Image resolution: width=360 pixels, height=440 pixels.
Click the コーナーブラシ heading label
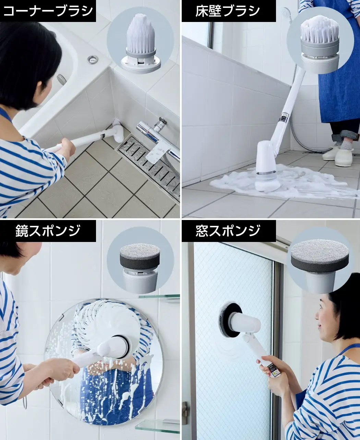[x=48, y=11]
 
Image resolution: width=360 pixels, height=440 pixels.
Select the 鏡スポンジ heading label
[x=48, y=231]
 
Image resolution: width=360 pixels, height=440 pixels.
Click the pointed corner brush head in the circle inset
[x=141, y=43]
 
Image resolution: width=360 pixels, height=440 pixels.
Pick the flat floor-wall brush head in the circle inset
[x=320, y=44]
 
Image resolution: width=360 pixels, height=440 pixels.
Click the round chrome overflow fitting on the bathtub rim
[x=92, y=59]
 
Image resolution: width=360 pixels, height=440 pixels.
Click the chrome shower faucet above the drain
[x=158, y=136]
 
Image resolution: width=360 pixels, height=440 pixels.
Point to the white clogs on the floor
[x=338, y=155]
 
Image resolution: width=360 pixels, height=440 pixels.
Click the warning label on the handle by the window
[x=274, y=370]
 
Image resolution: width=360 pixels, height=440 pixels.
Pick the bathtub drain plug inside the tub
[x=61, y=80]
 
